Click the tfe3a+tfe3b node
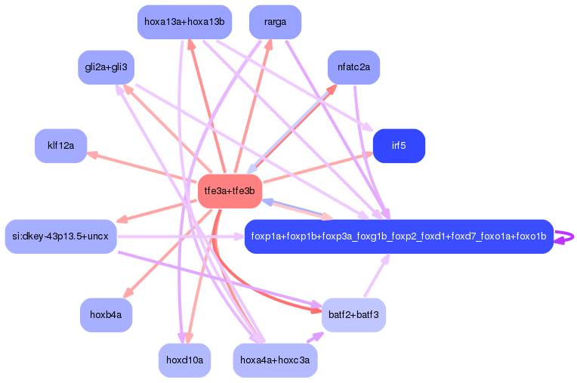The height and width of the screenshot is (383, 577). click(230, 191)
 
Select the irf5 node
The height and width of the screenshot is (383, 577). click(399, 146)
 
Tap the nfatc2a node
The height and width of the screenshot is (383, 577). click(353, 68)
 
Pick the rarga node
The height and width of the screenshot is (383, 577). click(275, 22)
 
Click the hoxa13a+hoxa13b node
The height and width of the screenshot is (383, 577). click(184, 22)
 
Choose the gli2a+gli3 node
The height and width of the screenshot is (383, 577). click(106, 67)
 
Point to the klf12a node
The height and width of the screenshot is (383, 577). click(60, 146)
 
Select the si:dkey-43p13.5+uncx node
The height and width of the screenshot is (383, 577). click(60, 236)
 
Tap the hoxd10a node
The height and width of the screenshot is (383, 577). click(184, 360)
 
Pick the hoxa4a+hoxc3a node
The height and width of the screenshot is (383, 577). click(275, 360)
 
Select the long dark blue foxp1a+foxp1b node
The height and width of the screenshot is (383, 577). click(399, 236)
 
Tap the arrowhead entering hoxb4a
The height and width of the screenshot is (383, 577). click(128, 294)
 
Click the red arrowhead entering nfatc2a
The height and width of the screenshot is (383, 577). click(332, 88)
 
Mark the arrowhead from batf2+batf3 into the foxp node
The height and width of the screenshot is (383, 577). click(384, 260)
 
